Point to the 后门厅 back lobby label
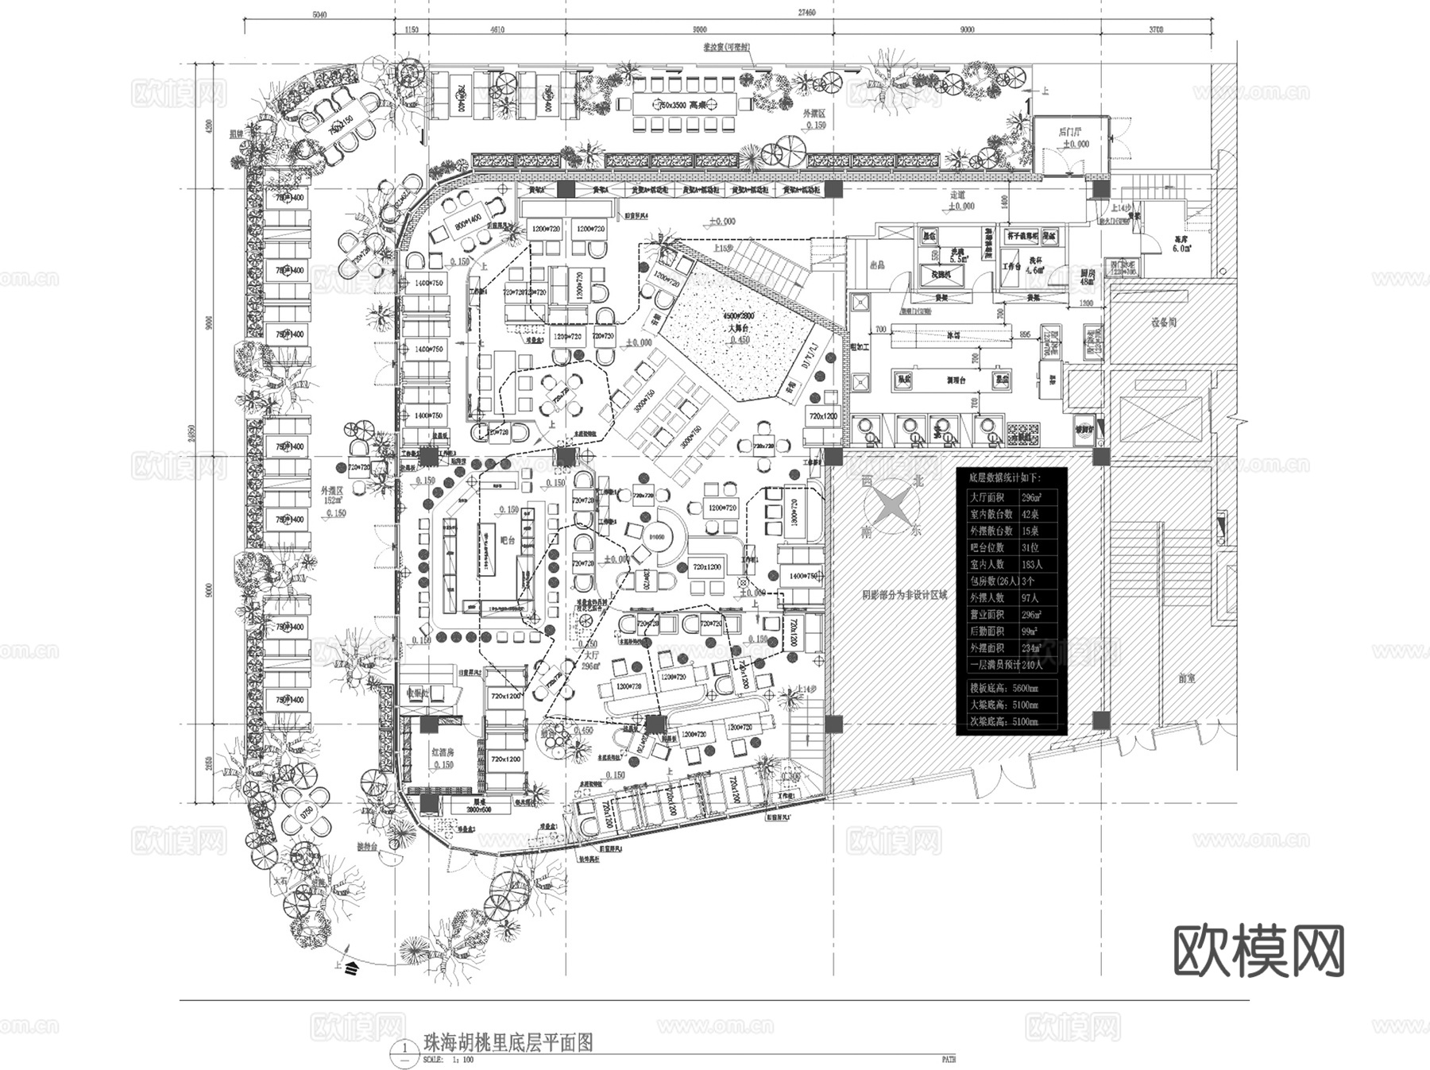coord(1072,133)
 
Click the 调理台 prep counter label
coord(957,381)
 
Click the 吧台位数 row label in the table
coord(987,547)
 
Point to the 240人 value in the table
coord(1032,665)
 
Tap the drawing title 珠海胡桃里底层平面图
coord(509,1042)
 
